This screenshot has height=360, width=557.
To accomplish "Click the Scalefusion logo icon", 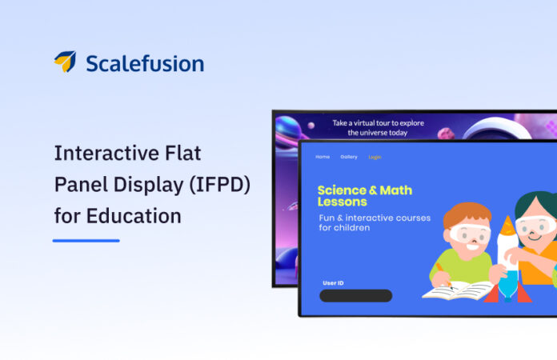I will [65, 62].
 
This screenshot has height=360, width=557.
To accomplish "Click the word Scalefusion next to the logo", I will [145, 63].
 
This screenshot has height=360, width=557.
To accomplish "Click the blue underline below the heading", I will [86, 240].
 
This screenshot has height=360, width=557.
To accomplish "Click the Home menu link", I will [323, 157].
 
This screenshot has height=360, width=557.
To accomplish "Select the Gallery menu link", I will [349, 157].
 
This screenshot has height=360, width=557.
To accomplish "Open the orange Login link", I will [375, 157].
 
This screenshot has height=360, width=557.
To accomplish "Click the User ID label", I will [333, 283].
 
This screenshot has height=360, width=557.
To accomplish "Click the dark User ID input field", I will [355, 296].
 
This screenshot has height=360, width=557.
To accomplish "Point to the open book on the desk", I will [457, 290].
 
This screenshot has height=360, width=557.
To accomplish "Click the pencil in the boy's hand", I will [439, 270].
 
